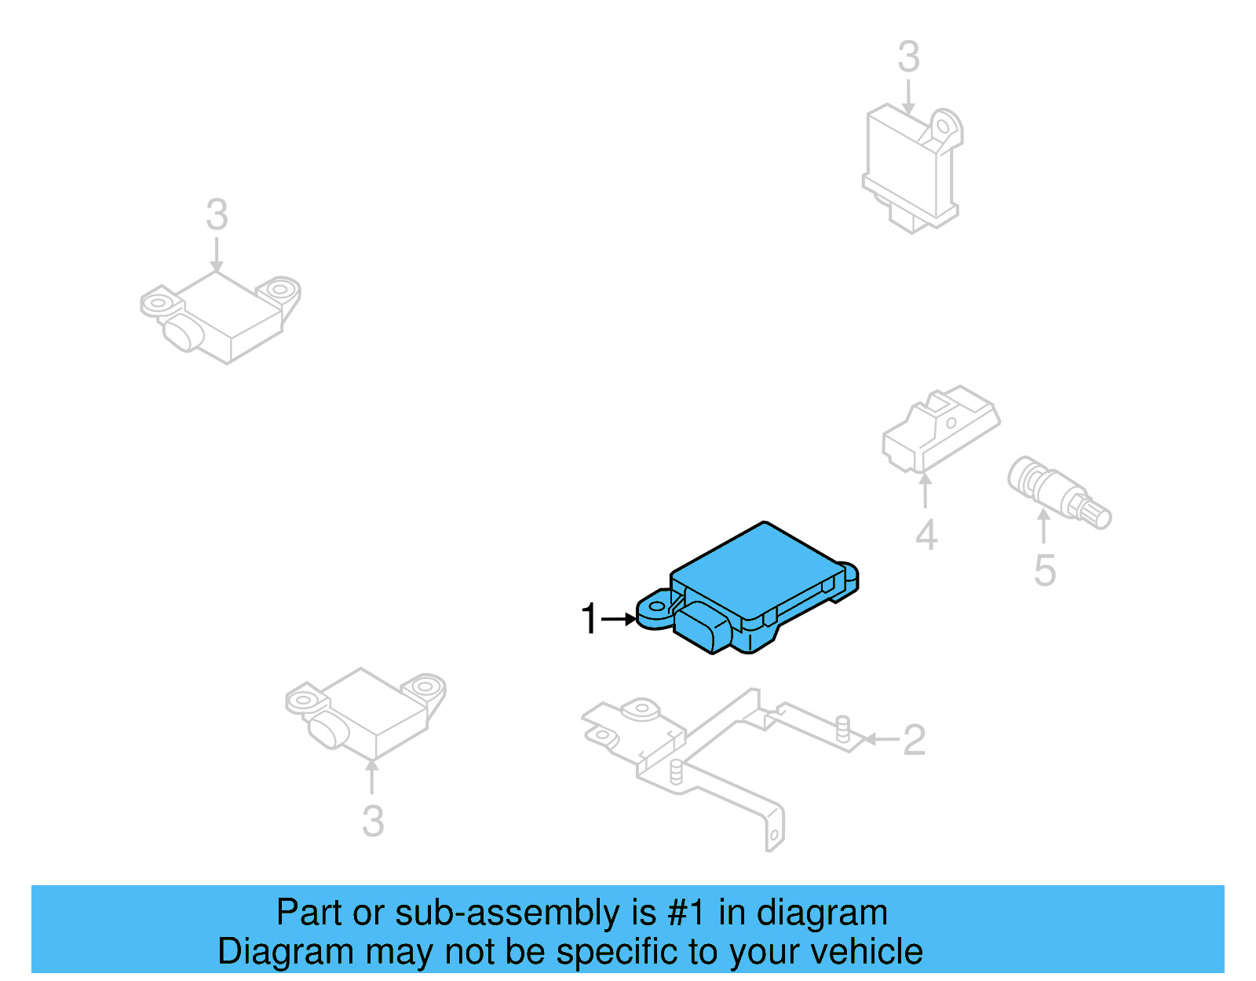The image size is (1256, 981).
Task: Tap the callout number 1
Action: [x=589, y=619]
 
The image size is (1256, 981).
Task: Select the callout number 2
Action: [x=914, y=740]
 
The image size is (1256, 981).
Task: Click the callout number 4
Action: [x=926, y=536]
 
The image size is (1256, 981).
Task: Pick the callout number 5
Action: [x=1044, y=570]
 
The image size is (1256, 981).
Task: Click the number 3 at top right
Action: [x=908, y=57]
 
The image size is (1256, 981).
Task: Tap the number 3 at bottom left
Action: [x=373, y=822]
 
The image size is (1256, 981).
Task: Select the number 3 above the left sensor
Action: [x=217, y=214]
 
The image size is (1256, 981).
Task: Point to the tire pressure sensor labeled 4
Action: [x=940, y=427]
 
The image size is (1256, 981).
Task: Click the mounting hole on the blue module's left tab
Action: [x=655, y=607]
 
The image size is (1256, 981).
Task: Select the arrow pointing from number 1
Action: [x=620, y=619]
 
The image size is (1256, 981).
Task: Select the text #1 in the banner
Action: [x=686, y=913]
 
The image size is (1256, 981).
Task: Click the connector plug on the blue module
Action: [x=703, y=628]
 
